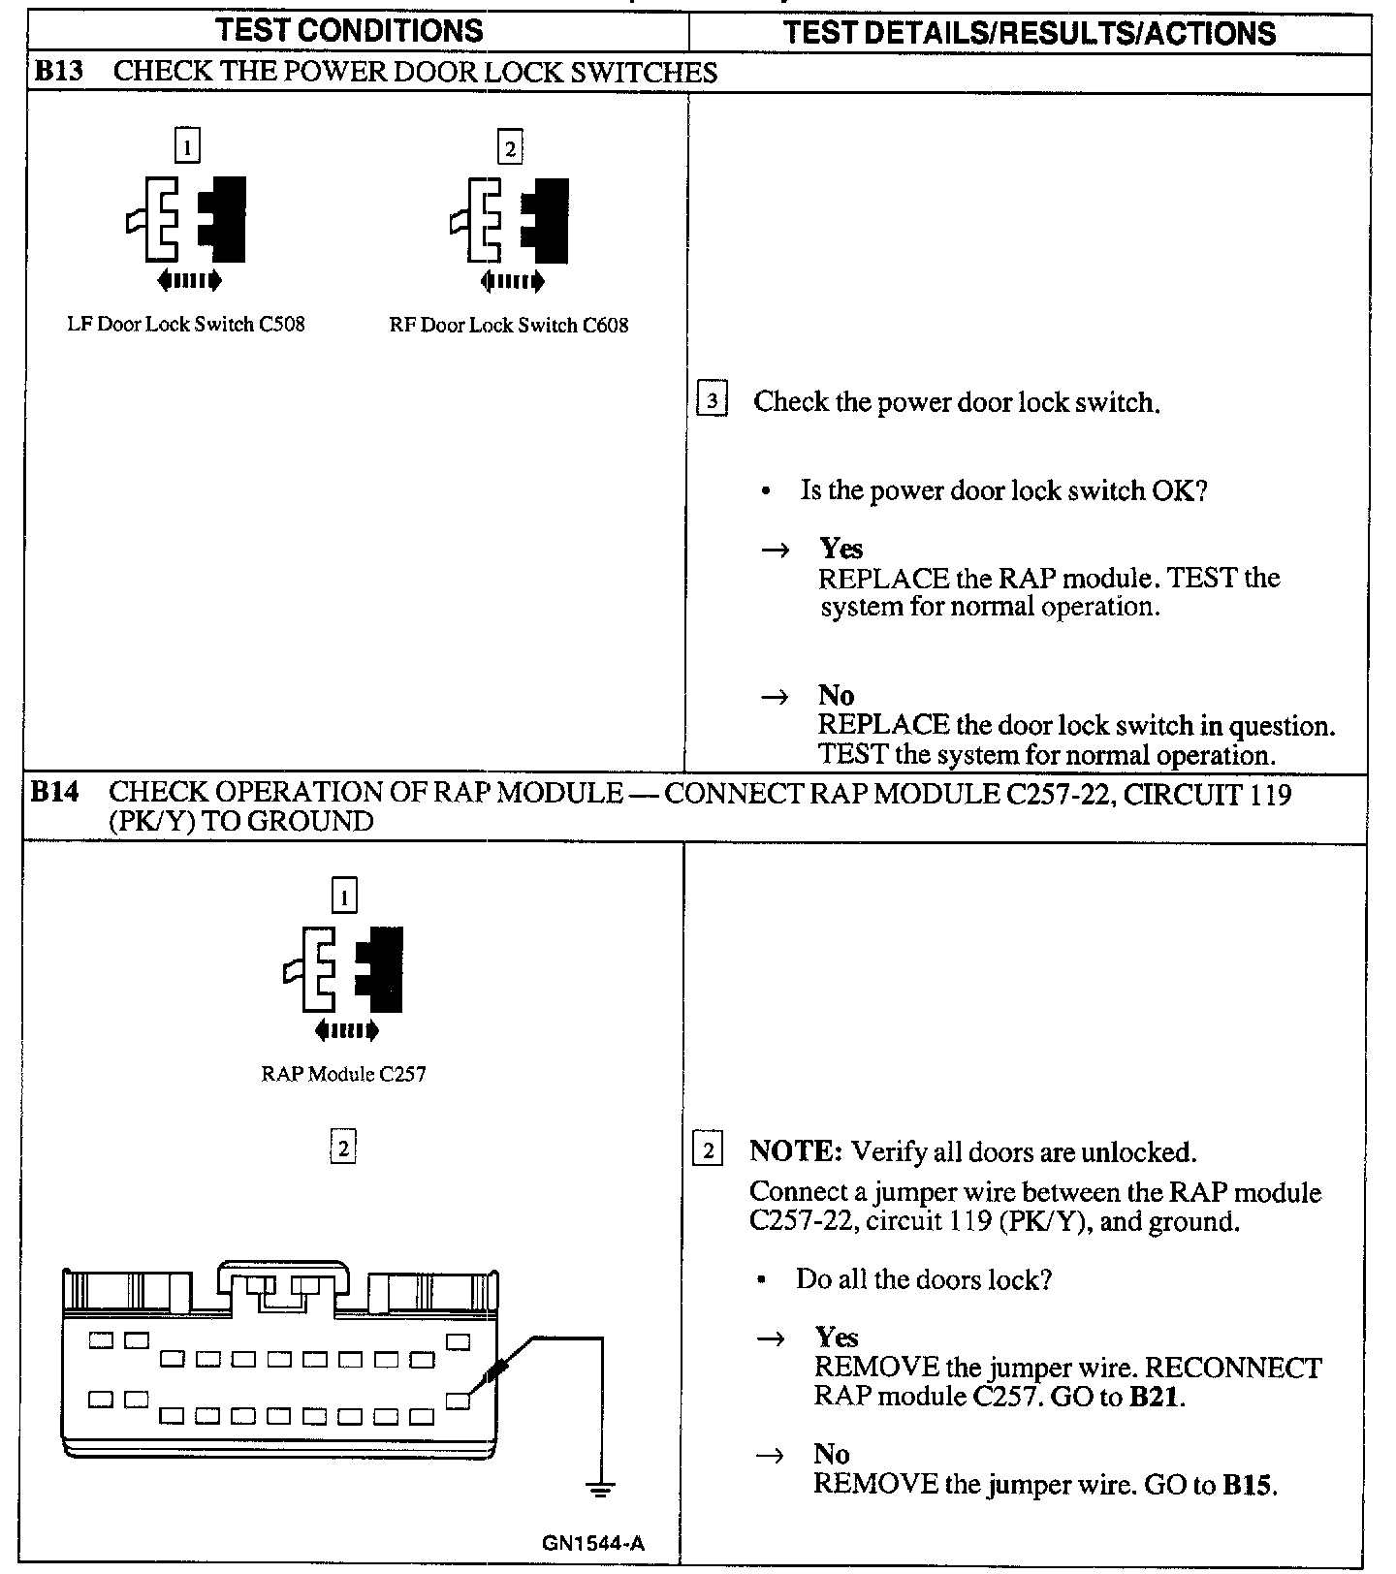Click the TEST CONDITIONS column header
pyautogui.click(x=350, y=30)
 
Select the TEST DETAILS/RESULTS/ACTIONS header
pyautogui.click(x=1029, y=33)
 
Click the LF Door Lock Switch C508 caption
pyautogui.click(x=185, y=325)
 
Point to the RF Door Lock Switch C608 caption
pyautogui.click(x=508, y=326)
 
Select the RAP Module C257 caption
pyautogui.click(x=343, y=1074)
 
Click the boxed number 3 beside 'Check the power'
pyautogui.click(x=713, y=400)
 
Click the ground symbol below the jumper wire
pyautogui.click(x=601, y=1490)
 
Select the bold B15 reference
pyautogui.click(x=1248, y=1485)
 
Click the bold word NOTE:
pyautogui.click(x=796, y=1152)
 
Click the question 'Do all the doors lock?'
pyautogui.click(x=924, y=1279)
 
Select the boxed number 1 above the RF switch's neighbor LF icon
pyautogui.click(x=187, y=147)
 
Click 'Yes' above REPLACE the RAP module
pyautogui.click(x=841, y=549)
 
